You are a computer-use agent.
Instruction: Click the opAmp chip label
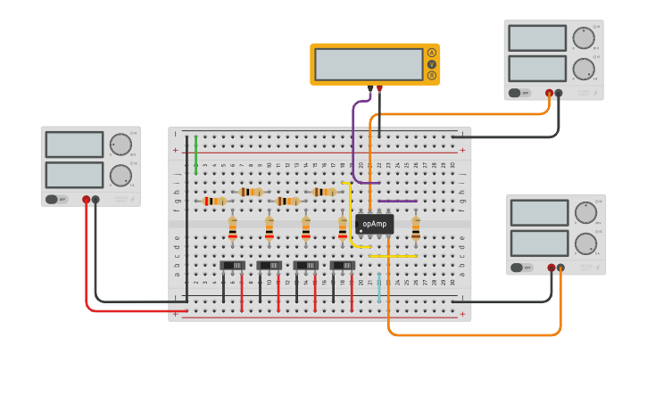tap(375, 224)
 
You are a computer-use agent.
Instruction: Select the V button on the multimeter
tap(432, 64)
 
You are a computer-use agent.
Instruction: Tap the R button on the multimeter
tap(432, 76)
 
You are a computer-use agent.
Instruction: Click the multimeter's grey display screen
tap(369, 64)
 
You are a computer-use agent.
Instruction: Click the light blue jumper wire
tap(379, 287)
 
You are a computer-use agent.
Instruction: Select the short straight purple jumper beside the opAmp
tap(397, 202)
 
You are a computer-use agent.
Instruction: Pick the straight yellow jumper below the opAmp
tap(393, 256)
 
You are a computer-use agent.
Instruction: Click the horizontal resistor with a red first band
tap(214, 202)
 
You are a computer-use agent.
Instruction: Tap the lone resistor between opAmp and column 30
tap(416, 228)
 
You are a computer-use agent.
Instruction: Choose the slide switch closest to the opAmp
tap(343, 265)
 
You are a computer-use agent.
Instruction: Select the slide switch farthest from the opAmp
tap(233, 265)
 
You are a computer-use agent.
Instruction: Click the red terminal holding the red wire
tap(86, 200)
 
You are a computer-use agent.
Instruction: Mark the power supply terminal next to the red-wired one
tap(95, 200)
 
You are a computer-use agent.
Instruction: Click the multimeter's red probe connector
tap(379, 88)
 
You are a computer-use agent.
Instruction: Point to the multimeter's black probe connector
tap(369, 88)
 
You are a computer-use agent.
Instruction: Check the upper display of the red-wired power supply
tap(74, 144)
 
